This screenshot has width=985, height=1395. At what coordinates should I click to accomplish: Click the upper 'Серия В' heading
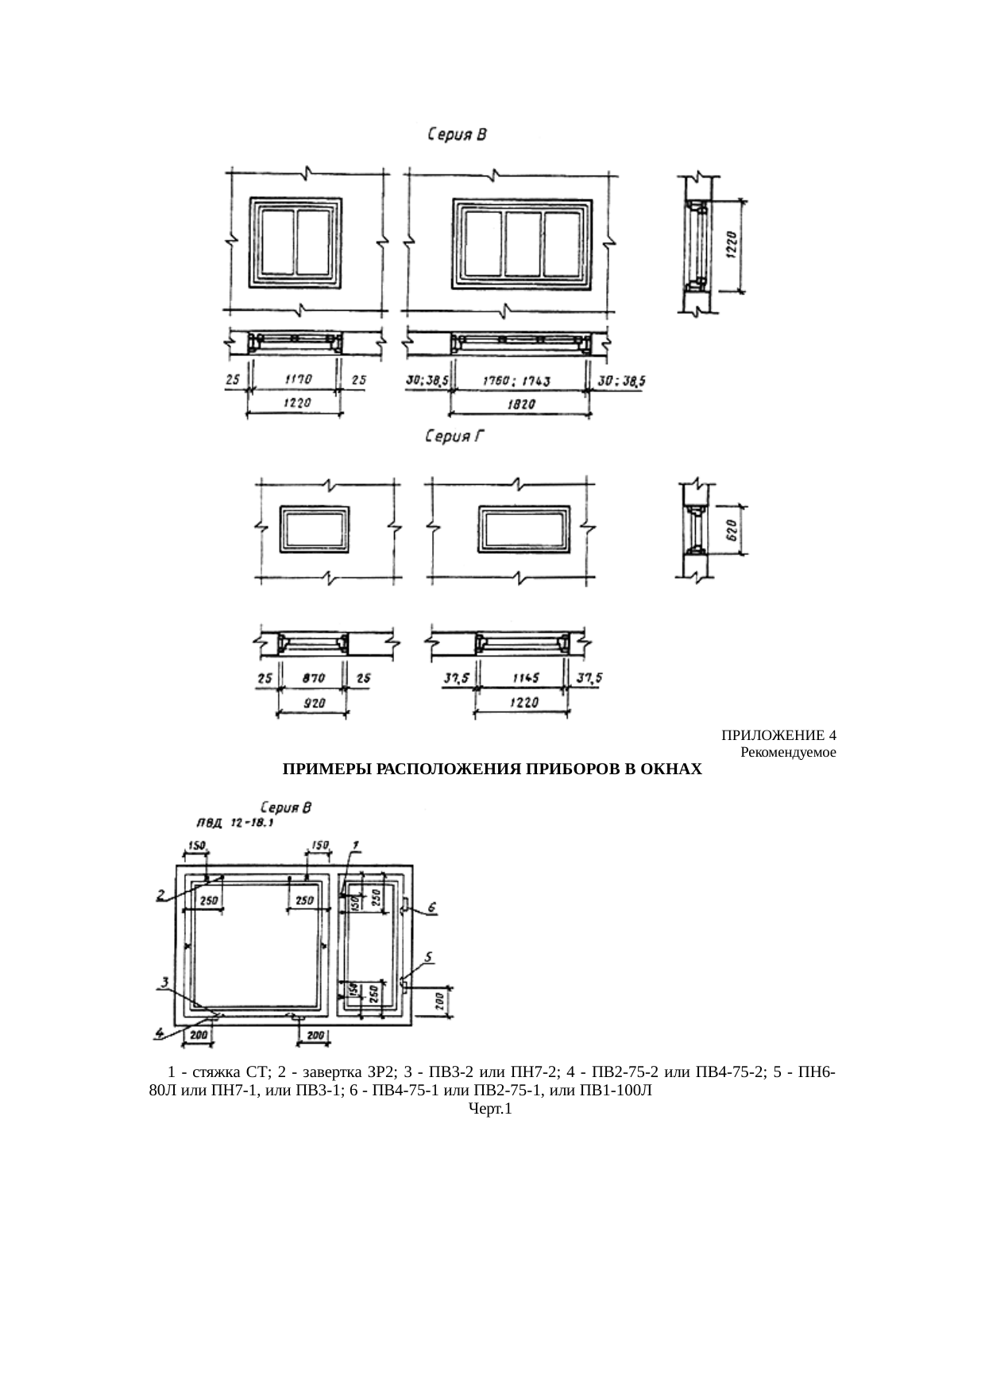point(457,135)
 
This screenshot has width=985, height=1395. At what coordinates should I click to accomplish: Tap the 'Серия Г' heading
point(454,436)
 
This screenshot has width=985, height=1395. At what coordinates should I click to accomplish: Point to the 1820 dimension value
point(521,404)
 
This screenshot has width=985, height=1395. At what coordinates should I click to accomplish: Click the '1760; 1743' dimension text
point(517,382)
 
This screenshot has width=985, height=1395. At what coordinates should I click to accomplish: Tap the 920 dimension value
point(312,703)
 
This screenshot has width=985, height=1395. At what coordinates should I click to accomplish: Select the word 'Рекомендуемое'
point(787,751)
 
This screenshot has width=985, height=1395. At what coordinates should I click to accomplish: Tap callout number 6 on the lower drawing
point(433,907)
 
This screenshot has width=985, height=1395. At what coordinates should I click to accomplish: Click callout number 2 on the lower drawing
point(161,895)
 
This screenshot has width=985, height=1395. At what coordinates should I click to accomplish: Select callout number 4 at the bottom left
point(160,1033)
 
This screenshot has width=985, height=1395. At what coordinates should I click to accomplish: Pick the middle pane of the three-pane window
point(523,243)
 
